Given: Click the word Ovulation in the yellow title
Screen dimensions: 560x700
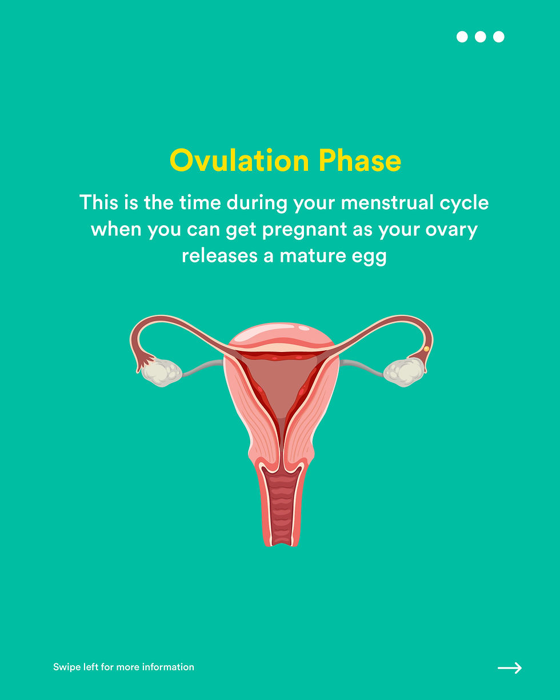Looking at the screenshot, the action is click(x=239, y=160).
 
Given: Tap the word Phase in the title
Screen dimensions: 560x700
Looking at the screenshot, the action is click(x=360, y=160).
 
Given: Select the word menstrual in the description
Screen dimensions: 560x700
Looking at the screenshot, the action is click(x=387, y=202).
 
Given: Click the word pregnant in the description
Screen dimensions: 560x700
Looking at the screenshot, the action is click(x=305, y=230).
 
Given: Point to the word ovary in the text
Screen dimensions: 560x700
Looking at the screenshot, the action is click(x=451, y=230).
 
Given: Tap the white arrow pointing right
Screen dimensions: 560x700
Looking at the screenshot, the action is click(x=510, y=668).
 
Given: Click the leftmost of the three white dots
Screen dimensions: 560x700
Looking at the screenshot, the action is click(x=462, y=37).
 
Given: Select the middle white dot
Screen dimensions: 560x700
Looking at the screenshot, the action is click(x=480, y=37).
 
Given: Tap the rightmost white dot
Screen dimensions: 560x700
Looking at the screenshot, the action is click(x=498, y=37).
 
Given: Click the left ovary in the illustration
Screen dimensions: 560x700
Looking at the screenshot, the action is click(x=161, y=372).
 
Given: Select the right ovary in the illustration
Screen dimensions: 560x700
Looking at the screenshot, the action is click(x=404, y=372).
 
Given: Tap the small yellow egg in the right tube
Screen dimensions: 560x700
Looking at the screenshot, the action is click(x=427, y=349).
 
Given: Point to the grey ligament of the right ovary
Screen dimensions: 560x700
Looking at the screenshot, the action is click(x=362, y=367).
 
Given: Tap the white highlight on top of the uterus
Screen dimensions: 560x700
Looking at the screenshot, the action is click(x=304, y=328).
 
